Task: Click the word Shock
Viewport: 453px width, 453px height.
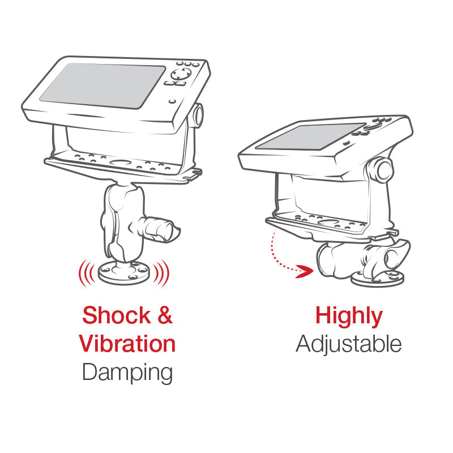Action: pos(117,315)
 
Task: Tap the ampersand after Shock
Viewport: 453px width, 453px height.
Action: pos(165,315)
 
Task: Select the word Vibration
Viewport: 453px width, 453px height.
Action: pos(127,343)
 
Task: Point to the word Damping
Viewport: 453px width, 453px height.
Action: pos(127,373)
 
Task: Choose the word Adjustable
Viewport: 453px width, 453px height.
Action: pos(349,344)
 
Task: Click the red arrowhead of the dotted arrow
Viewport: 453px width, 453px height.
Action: pos(305,271)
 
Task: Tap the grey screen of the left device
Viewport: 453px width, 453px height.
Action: pos(102,86)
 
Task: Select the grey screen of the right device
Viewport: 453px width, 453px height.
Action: pos(310,136)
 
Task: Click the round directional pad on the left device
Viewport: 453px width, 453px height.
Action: pos(181,74)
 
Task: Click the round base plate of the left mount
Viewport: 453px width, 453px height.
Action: pos(124,273)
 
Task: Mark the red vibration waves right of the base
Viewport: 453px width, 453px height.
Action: pos(161,273)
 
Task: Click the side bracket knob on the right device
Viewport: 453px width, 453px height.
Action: pos(380,170)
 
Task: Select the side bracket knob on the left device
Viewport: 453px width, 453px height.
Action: pos(198,116)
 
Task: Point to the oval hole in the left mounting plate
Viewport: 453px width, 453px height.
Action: pos(119,163)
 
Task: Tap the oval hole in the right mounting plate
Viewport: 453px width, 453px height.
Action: pos(327,223)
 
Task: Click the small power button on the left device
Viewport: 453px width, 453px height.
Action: pos(173,101)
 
